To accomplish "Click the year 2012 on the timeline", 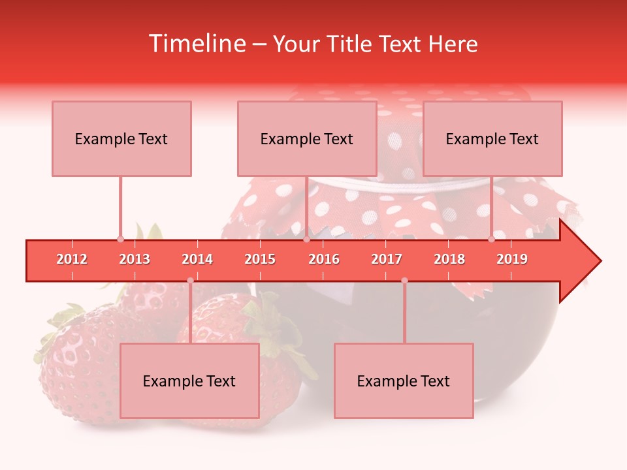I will (x=72, y=260).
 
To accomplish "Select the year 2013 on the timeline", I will (x=135, y=260).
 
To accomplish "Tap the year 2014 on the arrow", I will (x=197, y=260).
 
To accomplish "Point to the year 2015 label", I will (x=260, y=260).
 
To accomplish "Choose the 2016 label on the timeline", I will (x=324, y=260).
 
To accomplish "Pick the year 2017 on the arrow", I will (x=387, y=260).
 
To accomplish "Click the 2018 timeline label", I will (x=449, y=260).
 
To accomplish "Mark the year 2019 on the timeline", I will (x=512, y=260).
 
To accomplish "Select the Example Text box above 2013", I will (x=121, y=138).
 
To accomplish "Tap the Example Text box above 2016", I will (x=307, y=138).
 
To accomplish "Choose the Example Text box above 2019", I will (x=492, y=138).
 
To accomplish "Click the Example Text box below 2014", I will (x=189, y=381).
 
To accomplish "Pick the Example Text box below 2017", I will (x=404, y=381).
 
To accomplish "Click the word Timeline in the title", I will (x=196, y=44).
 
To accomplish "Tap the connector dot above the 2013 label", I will (x=120, y=239).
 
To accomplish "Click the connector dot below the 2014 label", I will (x=190, y=281).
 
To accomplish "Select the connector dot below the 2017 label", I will (x=404, y=281).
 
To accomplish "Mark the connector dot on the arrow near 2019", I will (x=492, y=239).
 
